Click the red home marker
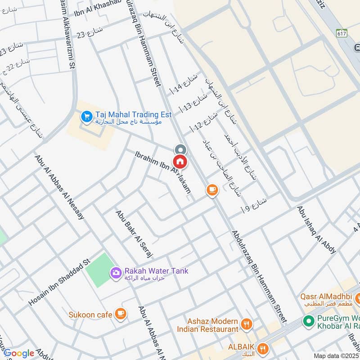tap(180, 160)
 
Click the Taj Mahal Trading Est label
tap(133, 115)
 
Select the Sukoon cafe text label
tap(90, 315)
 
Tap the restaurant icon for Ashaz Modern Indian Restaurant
tap(247, 324)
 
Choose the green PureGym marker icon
tap(308, 321)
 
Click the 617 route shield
tap(342, 33)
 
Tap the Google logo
tap(19, 353)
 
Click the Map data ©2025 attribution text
tap(336, 355)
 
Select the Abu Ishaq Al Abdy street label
tap(316, 230)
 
